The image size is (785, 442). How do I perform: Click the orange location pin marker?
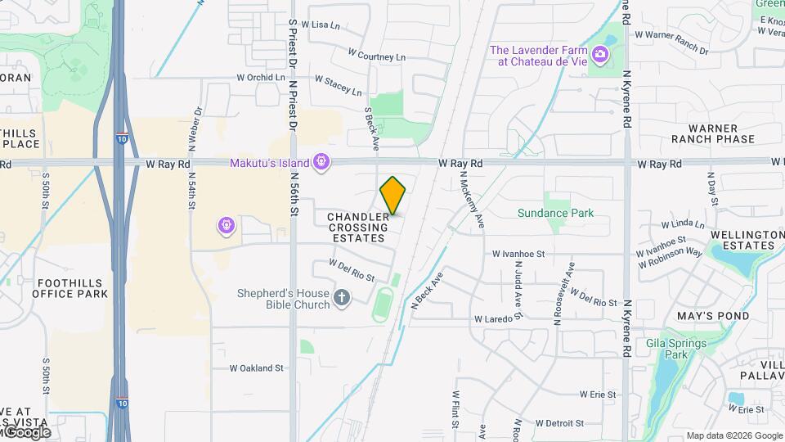tap(392, 196)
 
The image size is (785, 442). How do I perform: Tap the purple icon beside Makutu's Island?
tap(322, 162)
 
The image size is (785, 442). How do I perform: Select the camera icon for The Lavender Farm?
tap(601, 55)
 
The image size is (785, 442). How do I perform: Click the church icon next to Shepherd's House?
tap(342, 299)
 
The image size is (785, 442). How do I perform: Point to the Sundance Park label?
tap(555, 213)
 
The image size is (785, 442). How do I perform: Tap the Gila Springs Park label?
tap(675, 349)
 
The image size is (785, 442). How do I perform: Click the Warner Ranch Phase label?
tap(713, 133)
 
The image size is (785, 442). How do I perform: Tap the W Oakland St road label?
tap(256, 368)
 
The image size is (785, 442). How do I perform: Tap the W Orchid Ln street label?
tap(261, 78)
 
